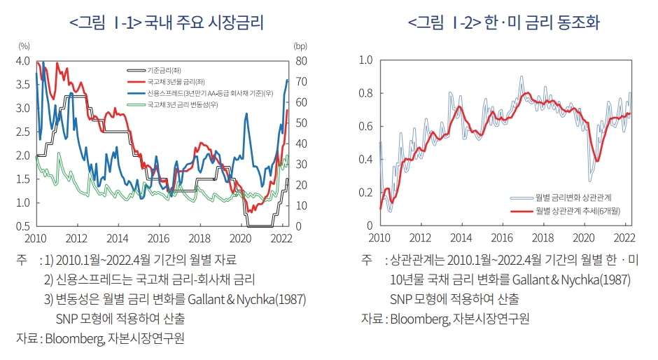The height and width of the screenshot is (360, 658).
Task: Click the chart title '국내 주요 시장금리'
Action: [x=204, y=22]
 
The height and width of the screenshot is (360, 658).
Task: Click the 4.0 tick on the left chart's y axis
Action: [x=22, y=61]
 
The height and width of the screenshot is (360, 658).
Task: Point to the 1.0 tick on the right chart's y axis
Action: [x=365, y=60]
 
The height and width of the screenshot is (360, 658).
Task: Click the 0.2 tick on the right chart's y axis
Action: [x=365, y=193]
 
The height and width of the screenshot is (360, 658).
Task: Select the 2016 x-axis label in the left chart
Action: [x=159, y=237]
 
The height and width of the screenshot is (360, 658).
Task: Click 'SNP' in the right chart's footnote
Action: [x=402, y=299]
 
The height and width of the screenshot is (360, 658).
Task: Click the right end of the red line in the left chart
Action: [x=287, y=110]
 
